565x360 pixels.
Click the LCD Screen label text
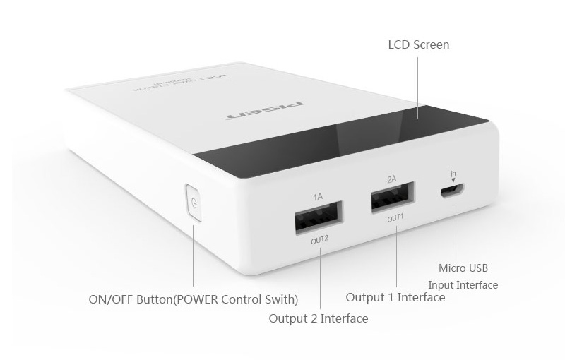click(419, 45)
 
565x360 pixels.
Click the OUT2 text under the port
click(319, 239)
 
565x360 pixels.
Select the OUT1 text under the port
click(395, 218)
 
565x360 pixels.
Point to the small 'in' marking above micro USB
click(454, 172)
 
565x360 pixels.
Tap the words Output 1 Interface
click(395, 297)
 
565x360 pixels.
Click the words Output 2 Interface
click(318, 318)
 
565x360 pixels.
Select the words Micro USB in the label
click(463, 268)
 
